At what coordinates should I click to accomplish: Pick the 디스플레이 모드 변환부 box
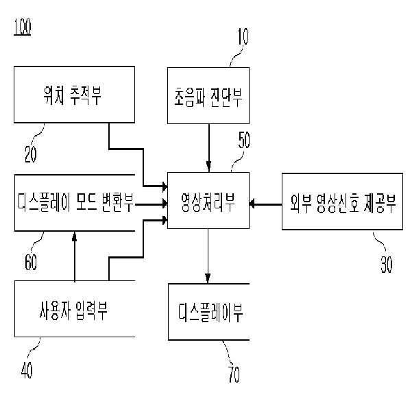74,202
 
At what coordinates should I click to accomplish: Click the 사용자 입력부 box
74,308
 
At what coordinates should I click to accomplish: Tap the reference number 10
243,36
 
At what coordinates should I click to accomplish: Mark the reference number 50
243,143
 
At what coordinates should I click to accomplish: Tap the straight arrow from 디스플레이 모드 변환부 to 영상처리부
151,203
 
